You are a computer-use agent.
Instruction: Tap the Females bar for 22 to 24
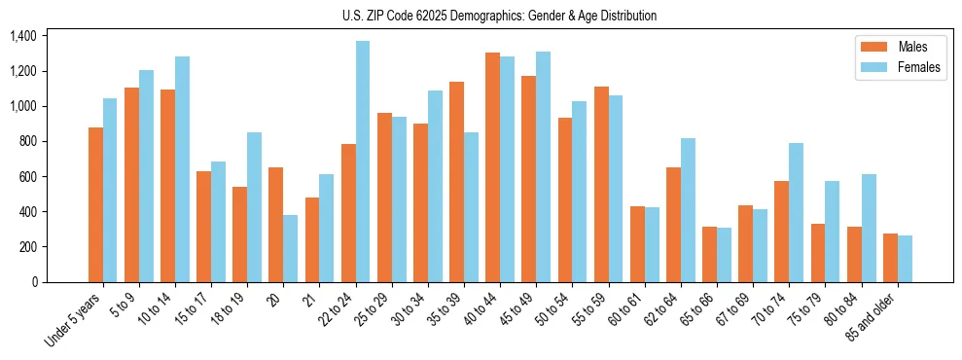[363, 162]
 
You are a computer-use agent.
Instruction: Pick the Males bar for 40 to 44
[493, 167]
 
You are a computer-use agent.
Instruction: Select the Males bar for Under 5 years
[95, 204]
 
